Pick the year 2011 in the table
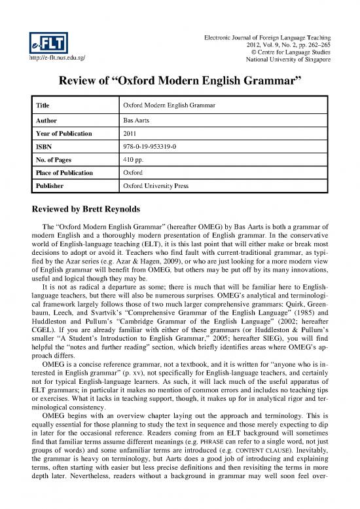coord(130,133)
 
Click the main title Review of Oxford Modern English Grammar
coord(180,83)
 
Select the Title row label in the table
coord(43,106)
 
